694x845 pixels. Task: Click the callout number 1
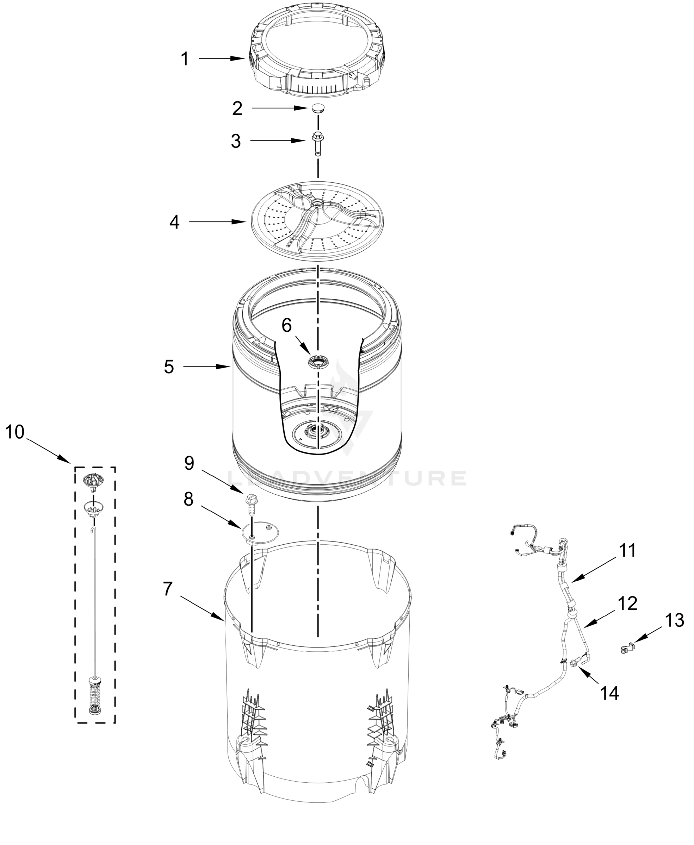[x=184, y=59]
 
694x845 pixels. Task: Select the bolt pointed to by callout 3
[x=318, y=142]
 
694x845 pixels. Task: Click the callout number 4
[x=174, y=222]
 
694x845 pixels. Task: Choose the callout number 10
[x=15, y=432]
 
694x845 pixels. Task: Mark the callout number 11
[x=627, y=550]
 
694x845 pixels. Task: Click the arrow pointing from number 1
[x=222, y=59]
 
